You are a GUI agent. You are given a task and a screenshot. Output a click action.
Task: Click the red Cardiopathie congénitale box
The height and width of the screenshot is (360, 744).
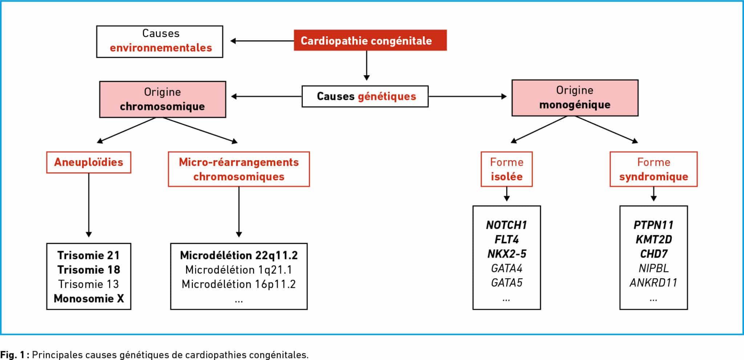370,40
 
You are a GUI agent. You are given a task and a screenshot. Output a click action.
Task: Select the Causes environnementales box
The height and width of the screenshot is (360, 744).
160,41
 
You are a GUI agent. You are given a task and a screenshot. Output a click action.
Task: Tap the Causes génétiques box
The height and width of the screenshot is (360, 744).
365,96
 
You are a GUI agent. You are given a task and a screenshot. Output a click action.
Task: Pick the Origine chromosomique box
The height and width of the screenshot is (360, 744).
163,99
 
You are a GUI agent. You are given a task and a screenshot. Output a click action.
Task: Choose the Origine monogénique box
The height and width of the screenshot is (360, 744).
575,98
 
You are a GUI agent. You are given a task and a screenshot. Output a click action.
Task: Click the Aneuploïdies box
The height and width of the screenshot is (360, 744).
89,162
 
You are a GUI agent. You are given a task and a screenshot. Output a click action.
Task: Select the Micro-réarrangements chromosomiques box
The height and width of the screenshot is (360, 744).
239,169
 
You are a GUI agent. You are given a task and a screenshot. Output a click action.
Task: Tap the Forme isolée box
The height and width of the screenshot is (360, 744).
506,169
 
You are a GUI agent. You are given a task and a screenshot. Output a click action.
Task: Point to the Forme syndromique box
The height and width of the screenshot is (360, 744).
654,169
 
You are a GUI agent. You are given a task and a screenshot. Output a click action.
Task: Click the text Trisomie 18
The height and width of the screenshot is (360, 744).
89,270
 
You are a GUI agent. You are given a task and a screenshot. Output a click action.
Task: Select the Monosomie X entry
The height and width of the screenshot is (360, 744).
89,299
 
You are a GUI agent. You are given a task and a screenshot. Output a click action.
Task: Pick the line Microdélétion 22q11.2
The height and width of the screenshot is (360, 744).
239,255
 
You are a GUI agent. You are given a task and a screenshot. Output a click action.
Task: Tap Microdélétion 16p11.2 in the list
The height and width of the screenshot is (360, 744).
239,284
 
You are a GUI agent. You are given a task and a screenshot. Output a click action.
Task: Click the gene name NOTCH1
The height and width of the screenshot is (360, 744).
506,225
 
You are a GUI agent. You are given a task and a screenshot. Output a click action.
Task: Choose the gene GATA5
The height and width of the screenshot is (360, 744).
506,283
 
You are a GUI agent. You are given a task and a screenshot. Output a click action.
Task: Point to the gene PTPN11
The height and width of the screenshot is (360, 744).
654,225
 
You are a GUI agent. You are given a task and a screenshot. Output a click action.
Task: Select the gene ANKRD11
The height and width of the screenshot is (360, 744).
654,283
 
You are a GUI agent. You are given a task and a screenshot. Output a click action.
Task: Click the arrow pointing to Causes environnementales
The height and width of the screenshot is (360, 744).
262,41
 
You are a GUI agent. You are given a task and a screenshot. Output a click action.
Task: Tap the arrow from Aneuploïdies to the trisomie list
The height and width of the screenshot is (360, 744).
89,205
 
